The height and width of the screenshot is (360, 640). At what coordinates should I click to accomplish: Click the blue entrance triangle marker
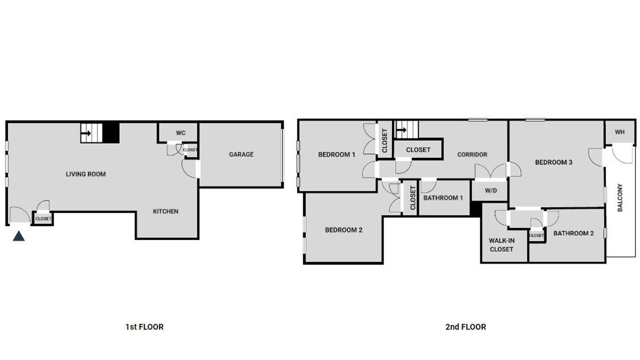(18, 236)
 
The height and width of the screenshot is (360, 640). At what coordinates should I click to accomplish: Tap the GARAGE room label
(241, 154)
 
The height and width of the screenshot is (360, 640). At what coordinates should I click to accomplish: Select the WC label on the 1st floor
(180, 133)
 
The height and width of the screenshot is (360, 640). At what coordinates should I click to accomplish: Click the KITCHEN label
(165, 211)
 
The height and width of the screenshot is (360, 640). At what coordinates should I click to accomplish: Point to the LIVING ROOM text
(85, 174)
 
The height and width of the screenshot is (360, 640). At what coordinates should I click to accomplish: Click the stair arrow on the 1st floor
(86, 133)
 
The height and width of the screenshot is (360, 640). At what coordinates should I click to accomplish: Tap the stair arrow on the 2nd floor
(401, 130)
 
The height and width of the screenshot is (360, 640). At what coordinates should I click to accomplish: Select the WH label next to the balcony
(619, 132)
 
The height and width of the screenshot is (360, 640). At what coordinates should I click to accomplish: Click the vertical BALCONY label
(620, 197)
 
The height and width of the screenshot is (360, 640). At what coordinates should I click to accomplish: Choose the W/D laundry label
(491, 190)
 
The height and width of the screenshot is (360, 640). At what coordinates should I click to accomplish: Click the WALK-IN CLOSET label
(501, 245)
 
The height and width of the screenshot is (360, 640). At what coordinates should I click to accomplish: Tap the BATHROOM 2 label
(573, 233)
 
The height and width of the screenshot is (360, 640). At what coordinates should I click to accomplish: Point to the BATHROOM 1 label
(443, 197)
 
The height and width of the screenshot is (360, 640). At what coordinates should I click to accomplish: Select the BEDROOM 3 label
(553, 162)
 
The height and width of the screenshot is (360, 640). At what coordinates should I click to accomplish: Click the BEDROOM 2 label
(343, 229)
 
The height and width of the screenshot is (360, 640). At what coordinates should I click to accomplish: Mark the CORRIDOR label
(472, 154)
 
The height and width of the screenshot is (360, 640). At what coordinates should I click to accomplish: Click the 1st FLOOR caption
(144, 327)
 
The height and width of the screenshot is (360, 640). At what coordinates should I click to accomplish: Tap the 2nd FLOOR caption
(465, 327)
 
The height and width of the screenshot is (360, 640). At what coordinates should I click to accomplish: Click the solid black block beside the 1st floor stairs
(111, 133)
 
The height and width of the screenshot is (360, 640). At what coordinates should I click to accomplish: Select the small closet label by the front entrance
(43, 219)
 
